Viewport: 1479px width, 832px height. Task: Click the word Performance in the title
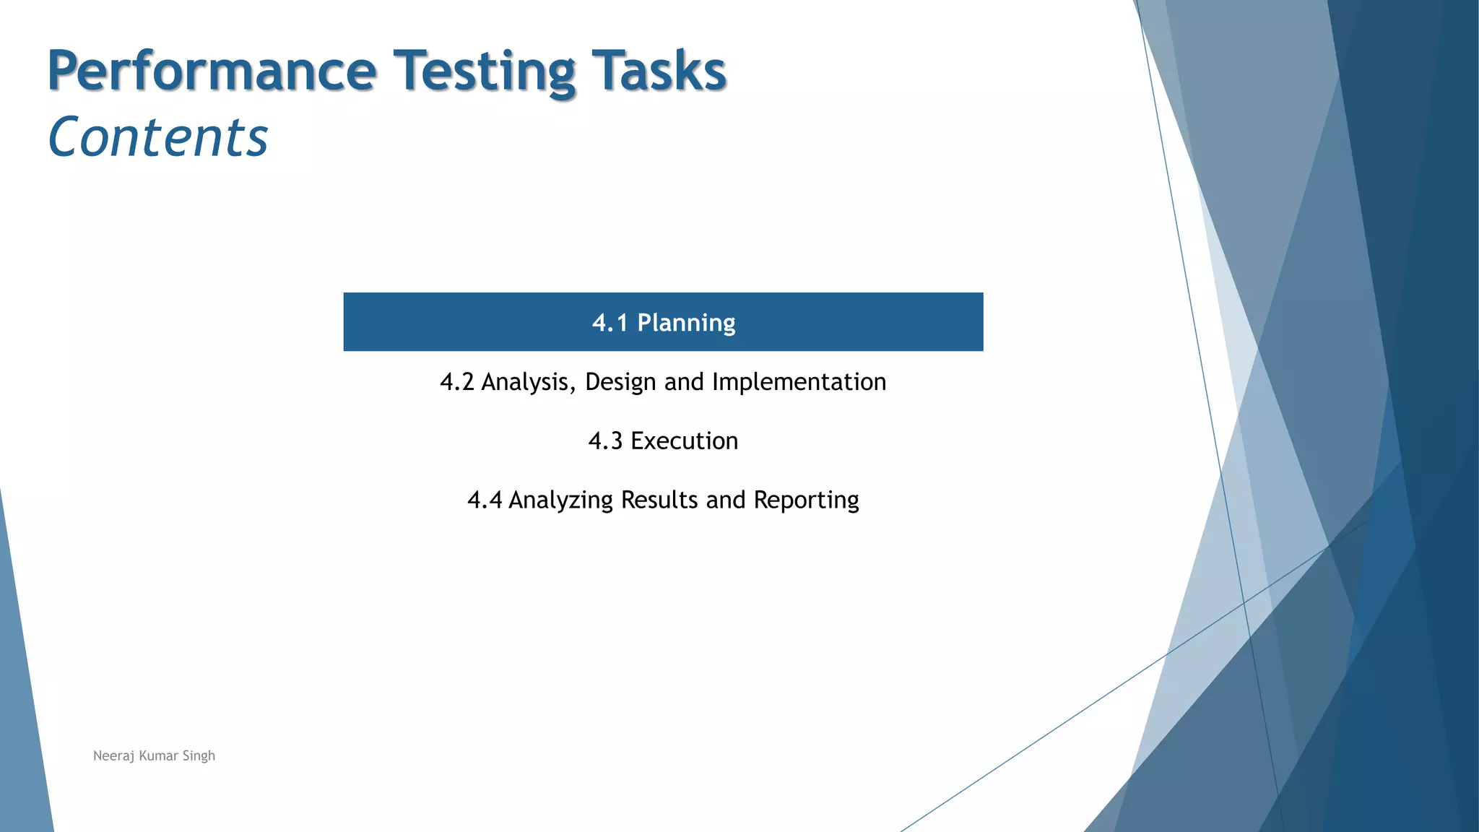coord(212,71)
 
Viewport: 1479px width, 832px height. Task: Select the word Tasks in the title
coord(658,71)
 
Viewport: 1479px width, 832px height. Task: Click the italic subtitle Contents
coord(158,137)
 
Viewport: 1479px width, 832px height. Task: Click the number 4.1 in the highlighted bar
coord(610,323)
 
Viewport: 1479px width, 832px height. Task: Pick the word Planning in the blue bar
coord(686,323)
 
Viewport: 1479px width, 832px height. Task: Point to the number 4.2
coord(457,382)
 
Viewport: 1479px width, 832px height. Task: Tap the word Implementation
coord(799,382)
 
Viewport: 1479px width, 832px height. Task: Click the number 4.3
coord(605,441)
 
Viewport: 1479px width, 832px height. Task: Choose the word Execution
coord(684,441)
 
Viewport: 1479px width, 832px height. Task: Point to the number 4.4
coord(485,500)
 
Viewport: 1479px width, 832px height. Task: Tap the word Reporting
coord(806,500)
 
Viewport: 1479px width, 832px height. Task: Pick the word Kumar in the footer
coord(158,756)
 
